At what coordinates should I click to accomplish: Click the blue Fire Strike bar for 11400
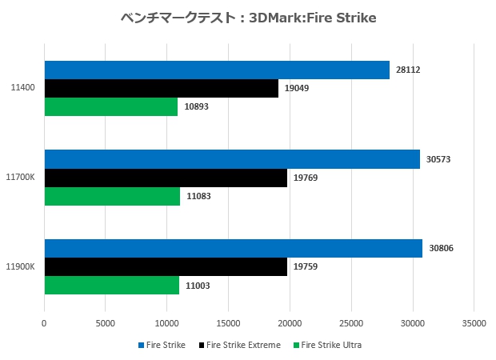pyautogui.click(x=217, y=70)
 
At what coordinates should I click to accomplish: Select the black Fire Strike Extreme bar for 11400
pyautogui.click(x=161, y=88)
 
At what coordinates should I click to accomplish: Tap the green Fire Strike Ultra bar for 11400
pyautogui.click(x=110, y=106)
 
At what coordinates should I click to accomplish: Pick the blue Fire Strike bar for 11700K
pyautogui.click(x=232, y=159)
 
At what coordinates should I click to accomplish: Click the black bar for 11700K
pyautogui.click(x=166, y=178)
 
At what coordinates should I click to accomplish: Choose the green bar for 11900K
pyautogui.click(x=111, y=286)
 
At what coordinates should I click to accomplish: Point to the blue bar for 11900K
pyautogui.click(x=233, y=249)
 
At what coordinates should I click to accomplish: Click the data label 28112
pyautogui.click(x=407, y=70)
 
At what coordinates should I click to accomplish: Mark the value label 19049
pyautogui.click(x=296, y=88)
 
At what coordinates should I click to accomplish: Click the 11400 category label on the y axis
pyautogui.click(x=23, y=88)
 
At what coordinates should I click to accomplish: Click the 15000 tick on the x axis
pyautogui.click(x=228, y=323)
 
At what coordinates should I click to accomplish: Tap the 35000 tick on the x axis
pyautogui.click(x=474, y=323)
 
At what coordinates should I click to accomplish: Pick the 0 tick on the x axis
pyautogui.click(x=44, y=323)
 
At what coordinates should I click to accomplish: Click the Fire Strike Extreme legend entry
pyautogui.click(x=243, y=345)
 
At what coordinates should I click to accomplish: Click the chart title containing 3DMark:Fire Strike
pyautogui.click(x=247, y=17)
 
